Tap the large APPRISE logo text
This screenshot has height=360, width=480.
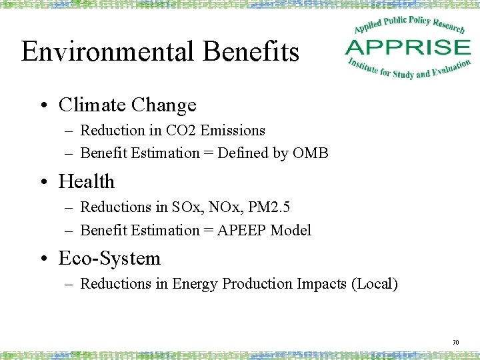408,47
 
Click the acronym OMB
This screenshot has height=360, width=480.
311,153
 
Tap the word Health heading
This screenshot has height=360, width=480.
87,181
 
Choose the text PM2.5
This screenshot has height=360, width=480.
269,207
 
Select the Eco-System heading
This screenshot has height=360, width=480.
109,258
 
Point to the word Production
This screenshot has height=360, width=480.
257,284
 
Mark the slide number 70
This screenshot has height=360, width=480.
455,342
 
